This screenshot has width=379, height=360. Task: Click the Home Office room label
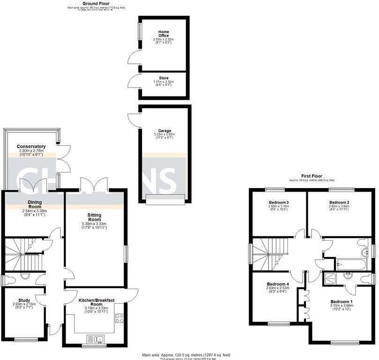click(163, 34)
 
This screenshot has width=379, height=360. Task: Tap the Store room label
click(163, 78)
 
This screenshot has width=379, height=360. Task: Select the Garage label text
click(164, 131)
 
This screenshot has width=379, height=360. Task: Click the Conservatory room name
click(31, 146)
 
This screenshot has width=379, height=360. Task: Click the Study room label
click(24, 300)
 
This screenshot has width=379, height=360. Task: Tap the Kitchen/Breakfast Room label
click(96, 301)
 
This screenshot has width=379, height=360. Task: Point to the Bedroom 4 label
click(278, 284)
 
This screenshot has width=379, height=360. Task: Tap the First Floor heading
click(311, 176)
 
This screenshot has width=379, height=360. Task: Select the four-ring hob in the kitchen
click(119, 318)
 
